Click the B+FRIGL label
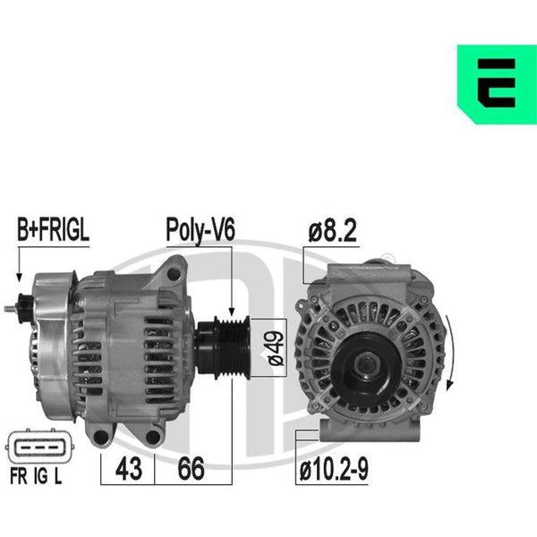click(x=53, y=230)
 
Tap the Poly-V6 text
click(x=200, y=231)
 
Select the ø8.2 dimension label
click(x=332, y=231)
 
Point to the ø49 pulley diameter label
click(x=276, y=347)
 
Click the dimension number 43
click(x=128, y=468)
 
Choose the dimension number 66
click(x=192, y=468)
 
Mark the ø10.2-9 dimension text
click(x=334, y=469)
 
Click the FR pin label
click(x=19, y=476)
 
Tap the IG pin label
click(x=41, y=476)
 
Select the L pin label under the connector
click(x=58, y=476)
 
